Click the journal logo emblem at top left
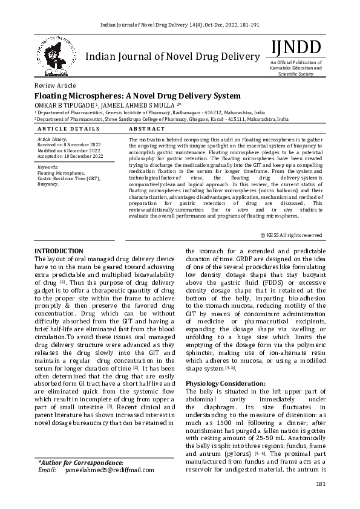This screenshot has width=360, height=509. pos(59,56)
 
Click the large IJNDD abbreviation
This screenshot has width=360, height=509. pos(296,47)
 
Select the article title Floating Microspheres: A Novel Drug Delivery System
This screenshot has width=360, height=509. pos(137,96)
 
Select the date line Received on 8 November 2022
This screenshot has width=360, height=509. pos(70,145)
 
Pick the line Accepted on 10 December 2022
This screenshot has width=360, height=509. pos(70,156)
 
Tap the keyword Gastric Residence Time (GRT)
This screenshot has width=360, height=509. pos(68,178)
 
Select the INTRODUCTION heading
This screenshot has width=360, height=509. pos(59,251)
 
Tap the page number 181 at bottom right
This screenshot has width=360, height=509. pos(320,485)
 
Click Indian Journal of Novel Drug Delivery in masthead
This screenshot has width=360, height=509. pos(174,57)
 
